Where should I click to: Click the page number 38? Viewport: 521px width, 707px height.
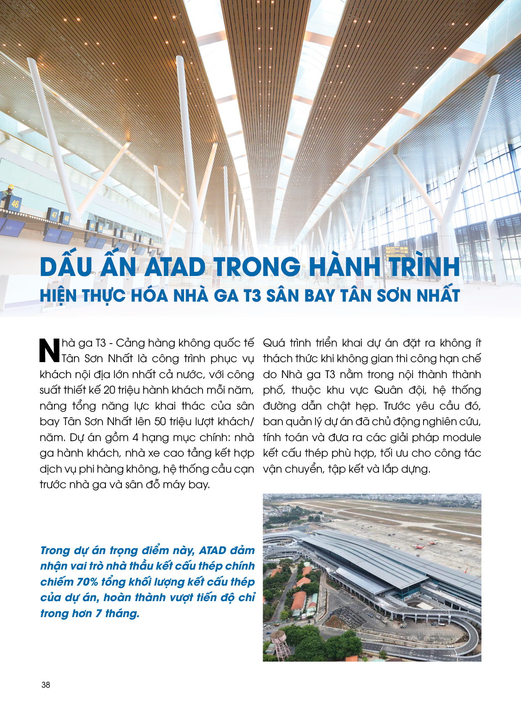coord(46,685)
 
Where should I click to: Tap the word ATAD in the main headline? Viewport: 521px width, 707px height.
coord(175,267)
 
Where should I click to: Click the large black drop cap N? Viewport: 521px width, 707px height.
coord(50,350)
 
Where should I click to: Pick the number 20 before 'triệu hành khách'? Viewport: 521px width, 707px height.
coord(109,390)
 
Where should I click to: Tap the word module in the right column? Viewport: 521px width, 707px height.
coord(462,437)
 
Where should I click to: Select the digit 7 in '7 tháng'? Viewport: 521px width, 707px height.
coord(98,613)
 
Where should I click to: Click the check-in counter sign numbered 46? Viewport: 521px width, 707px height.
coord(15,204)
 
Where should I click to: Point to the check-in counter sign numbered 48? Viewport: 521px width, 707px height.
coord(66,218)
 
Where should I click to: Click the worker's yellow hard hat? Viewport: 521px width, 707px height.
coord(11,187)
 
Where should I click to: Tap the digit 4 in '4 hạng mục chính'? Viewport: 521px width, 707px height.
coord(135,437)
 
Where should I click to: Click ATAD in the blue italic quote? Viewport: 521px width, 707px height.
coord(213,550)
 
